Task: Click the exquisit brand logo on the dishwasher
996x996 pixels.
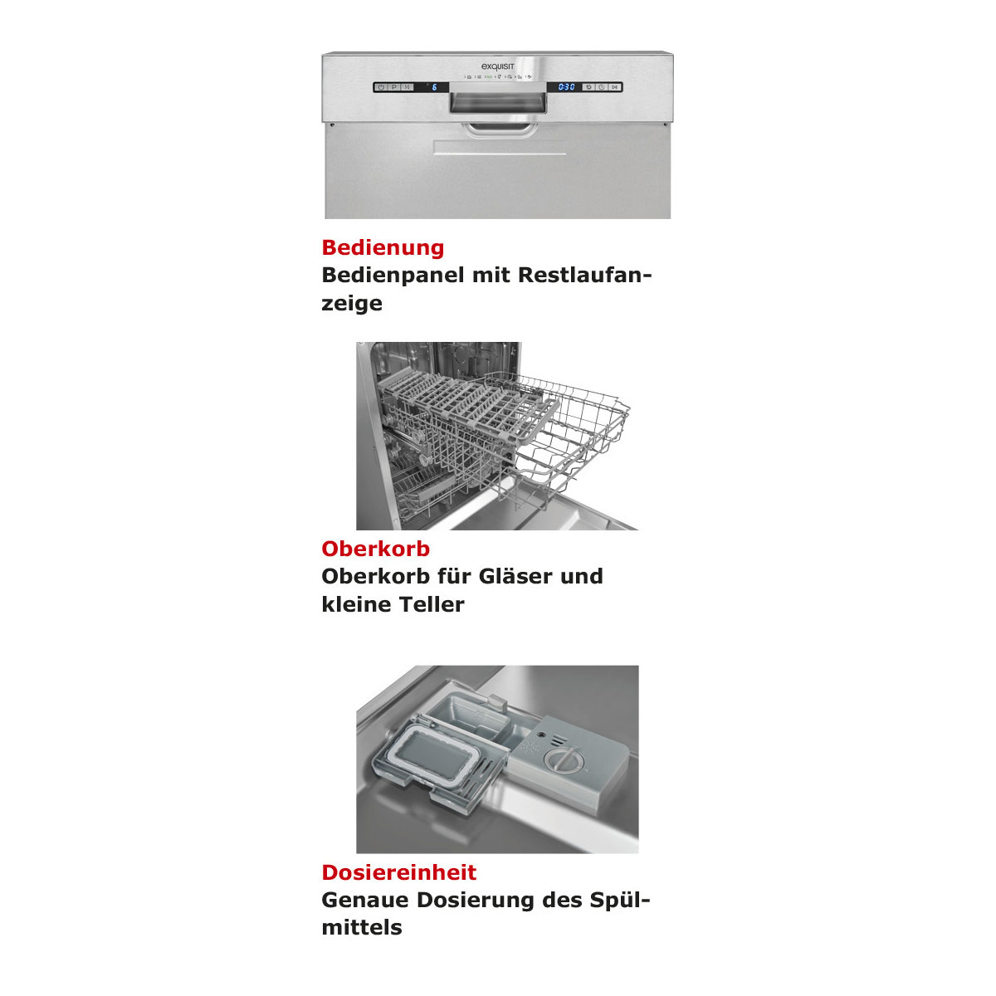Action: (498, 66)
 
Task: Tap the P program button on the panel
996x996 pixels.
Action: (394, 87)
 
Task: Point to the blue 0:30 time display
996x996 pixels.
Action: (567, 87)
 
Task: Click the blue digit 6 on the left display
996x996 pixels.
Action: (434, 87)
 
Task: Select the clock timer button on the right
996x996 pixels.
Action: (602, 87)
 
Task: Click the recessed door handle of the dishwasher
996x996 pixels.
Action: (498, 103)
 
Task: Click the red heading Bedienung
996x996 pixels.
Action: (383, 247)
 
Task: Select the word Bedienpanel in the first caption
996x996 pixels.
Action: (393, 275)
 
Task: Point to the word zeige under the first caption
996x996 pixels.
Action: (352, 303)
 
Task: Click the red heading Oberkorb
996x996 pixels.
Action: (375, 549)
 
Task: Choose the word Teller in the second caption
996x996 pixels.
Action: (432, 604)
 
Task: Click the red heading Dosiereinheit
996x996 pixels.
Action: (398, 872)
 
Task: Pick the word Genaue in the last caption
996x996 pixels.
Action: (365, 900)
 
